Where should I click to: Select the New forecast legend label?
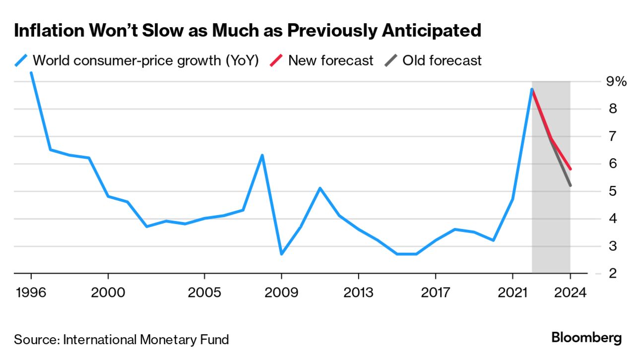[330, 61]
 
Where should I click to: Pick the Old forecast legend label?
[442, 61]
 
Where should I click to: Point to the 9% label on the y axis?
[617, 81]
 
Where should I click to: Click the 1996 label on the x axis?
[31, 293]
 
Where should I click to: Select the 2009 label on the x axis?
[281, 293]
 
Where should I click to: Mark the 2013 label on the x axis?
[358, 293]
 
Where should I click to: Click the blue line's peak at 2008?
[262, 156]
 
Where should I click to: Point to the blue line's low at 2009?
[281, 254]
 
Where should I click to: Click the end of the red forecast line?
[571, 169]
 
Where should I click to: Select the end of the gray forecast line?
[571, 185]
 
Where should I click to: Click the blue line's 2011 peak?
[320, 188]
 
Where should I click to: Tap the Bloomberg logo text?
[586, 338]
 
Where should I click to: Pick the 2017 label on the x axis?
[435, 293]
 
